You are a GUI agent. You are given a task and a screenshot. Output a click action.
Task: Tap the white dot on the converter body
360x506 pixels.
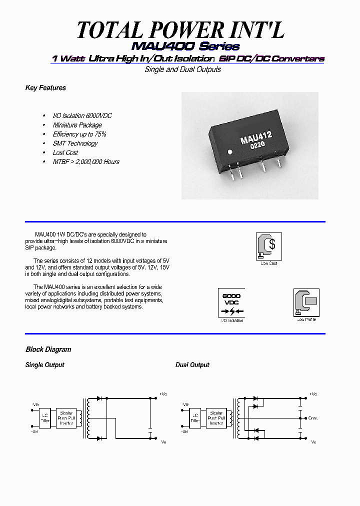pos(230,151)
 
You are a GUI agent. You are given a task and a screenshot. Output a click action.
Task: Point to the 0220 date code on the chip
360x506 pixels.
pos(257,145)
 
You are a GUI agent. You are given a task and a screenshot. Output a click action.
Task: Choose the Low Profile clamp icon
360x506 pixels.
pos(306,302)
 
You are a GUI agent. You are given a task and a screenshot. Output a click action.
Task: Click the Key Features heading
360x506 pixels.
pos(45,88)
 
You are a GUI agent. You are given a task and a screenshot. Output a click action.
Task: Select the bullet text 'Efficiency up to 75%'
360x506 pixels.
pos(79,134)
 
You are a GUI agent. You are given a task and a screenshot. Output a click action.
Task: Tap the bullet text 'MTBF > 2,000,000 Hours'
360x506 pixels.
pos(86,161)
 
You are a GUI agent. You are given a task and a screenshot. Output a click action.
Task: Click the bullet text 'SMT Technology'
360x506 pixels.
pos(75,143)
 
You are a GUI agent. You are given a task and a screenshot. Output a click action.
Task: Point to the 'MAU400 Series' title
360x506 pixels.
pos(185,46)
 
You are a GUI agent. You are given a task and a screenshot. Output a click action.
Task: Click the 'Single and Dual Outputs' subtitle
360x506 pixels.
pos(182,69)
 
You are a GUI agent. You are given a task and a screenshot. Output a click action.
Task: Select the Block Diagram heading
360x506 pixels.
pos(48,349)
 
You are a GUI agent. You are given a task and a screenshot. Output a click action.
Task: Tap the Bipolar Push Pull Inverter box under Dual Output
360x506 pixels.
pos(216,417)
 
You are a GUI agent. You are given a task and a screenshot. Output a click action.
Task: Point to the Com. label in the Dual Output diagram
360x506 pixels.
pos(313,418)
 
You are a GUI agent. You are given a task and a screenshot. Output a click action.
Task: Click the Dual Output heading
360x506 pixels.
pos(192,365)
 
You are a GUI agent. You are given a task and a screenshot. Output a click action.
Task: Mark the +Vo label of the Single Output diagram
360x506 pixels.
pos(163,394)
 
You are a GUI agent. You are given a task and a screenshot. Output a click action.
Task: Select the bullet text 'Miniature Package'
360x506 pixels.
pos(77,125)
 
